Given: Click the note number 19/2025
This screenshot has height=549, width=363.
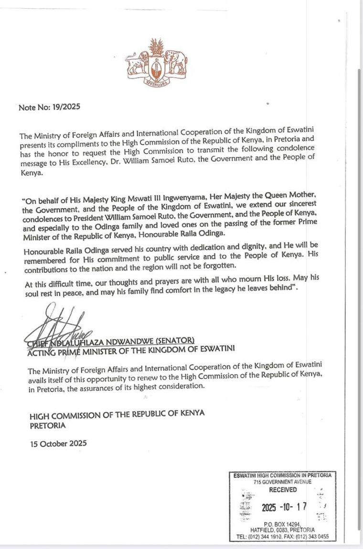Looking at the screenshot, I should [x=65, y=107].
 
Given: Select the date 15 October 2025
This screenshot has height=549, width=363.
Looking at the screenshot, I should [x=58, y=443].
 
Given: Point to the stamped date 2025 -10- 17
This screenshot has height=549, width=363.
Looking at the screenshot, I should [x=284, y=507].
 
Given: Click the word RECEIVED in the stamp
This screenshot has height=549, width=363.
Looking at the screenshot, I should [x=283, y=490].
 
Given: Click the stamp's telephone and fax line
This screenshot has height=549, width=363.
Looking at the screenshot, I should [x=283, y=537].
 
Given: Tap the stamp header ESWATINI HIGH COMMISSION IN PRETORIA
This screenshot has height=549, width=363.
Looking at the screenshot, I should [x=283, y=476].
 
